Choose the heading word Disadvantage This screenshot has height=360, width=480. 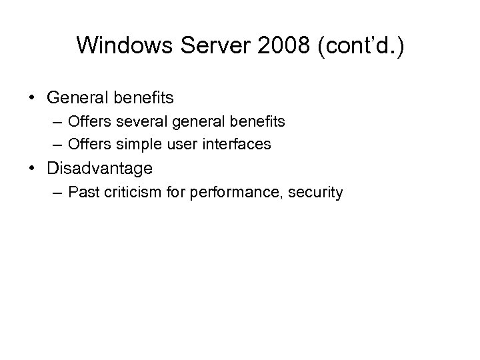[100, 168]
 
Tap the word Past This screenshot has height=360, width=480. [84, 193]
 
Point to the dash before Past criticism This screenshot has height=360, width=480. [55, 193]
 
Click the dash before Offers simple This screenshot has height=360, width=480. [55, 143]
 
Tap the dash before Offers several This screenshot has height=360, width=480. [55, 122]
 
